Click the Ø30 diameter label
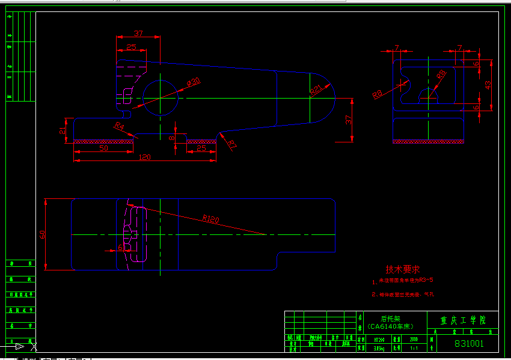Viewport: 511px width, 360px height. tap(193, 81)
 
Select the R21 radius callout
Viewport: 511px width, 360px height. tap(317, 90)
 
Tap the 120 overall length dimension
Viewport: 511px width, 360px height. tap(144, 157)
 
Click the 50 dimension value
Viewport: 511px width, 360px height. tap(103, 147)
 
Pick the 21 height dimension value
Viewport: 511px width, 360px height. tap(63, 130)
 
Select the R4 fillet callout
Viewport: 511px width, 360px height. tap(119, 127)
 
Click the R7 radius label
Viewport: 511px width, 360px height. tap(232, 144)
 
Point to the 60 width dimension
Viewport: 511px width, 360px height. tap(42, 234)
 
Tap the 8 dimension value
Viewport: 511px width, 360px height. tap(171, 138)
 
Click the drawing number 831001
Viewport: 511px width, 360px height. tap(469, 344)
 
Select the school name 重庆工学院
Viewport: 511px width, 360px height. tap(461, 320)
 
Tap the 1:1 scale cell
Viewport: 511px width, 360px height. tap(413, 347)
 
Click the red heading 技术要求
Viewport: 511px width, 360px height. tap(402, 269)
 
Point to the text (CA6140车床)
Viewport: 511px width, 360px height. tap(390, 327)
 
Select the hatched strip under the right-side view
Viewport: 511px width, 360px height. tap(429, 141)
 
